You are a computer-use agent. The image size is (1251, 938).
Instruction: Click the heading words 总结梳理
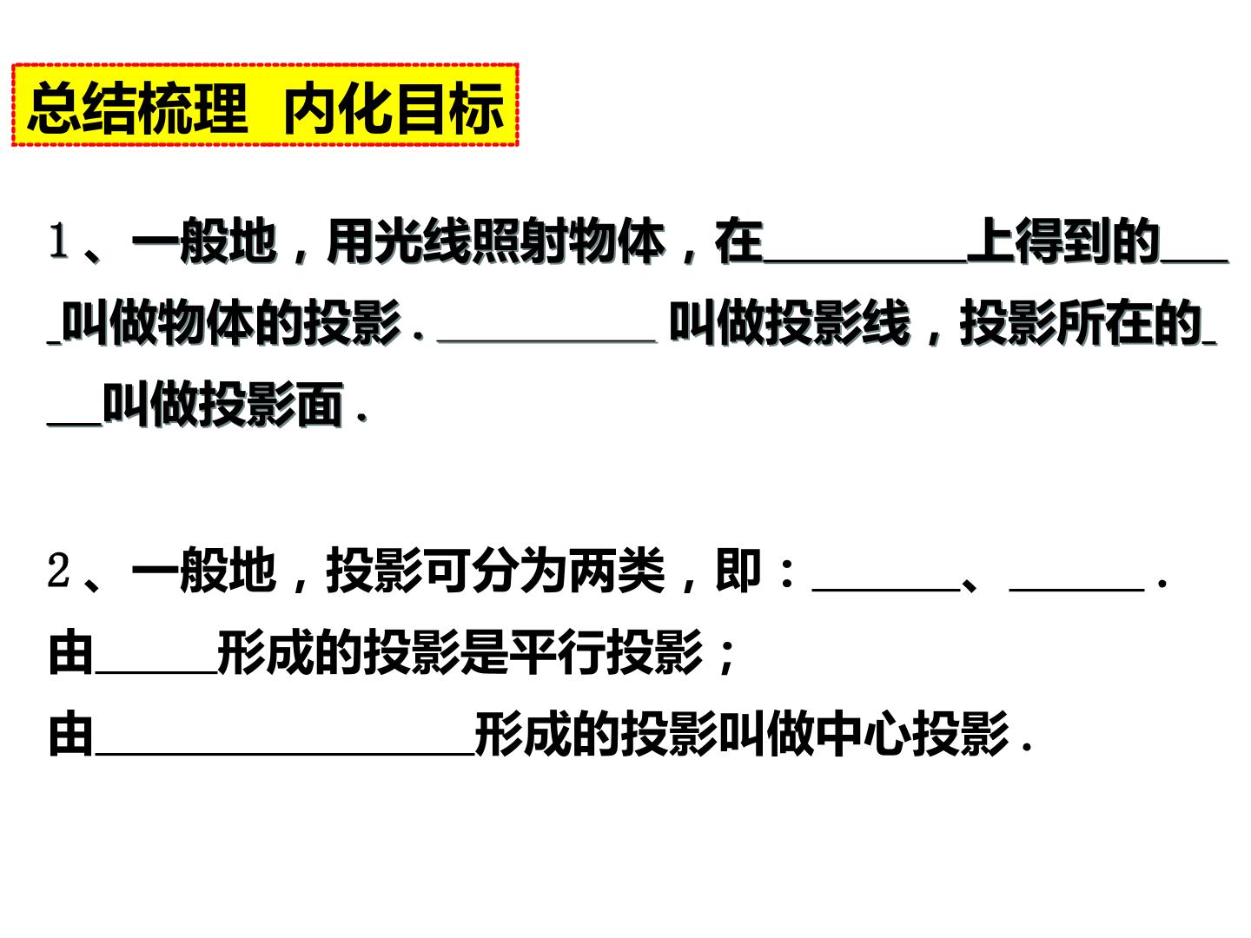[x=137, y=107]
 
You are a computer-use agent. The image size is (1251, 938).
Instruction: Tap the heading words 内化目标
[x=394, y=107]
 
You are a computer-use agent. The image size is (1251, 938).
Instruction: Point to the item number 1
[x=58, y=241]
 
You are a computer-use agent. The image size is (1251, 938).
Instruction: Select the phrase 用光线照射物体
[x=496, y=241]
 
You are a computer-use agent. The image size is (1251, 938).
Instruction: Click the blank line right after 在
[x=865, y=261]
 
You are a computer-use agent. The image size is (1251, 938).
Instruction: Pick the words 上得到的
[x=1063, y=241]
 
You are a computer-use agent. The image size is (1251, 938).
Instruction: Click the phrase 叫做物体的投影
[x=231, y=323]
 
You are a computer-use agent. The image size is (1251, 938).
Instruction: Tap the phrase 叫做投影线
[x=790, y=323]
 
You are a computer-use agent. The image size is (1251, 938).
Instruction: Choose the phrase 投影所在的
[x=1081, y=323]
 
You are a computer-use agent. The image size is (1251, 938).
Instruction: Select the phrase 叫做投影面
[x=223, y=405]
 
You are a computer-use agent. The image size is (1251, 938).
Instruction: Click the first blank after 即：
[x=886, y=590]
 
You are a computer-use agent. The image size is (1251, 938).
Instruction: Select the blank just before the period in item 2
[x=1076, y=590]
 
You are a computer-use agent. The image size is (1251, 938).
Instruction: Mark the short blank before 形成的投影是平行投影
[x=156, y=672]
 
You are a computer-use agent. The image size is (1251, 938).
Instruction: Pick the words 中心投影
[x=912, y=734]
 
